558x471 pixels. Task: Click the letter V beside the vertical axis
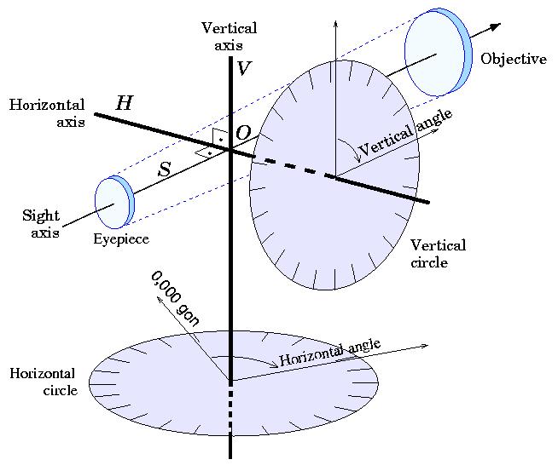[244, 68]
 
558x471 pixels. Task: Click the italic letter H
[125, 103]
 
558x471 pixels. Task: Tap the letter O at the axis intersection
[243, 133]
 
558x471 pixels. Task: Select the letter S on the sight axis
[165, 169]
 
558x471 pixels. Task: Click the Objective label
[514, 59]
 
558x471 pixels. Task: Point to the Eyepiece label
[121, 239]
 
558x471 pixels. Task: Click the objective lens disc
[439, 52]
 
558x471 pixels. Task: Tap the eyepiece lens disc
[114, 202]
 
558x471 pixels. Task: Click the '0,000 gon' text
[175, 299]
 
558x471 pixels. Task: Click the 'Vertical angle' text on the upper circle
[405, 132]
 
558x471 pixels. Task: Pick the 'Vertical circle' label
[438, 254]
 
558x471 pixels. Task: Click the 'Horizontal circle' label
[43, 382]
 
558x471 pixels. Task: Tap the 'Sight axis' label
[41, 224]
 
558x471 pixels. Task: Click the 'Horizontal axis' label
[47, 113]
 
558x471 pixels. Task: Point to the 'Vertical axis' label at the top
[229, 37]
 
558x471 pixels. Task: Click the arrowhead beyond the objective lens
[496, 26]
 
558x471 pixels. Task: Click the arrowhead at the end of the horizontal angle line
[424, 346]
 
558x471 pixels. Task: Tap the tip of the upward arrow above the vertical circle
[335, 20]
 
